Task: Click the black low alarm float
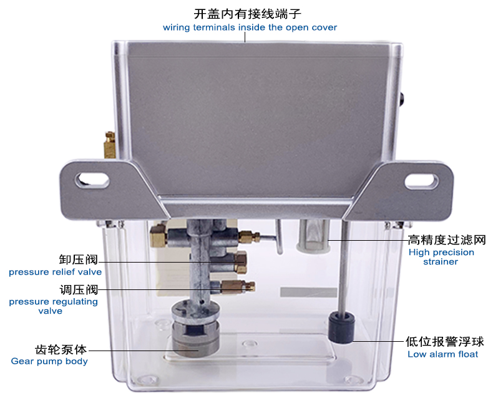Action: [342, 327]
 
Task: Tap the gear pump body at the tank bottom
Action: [195, 328]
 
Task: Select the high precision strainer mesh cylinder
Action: [313, 236]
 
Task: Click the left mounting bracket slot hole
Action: [92, 181]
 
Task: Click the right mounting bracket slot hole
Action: [421, 181]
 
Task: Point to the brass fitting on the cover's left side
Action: [110, 145]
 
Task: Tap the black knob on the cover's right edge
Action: [402, 99]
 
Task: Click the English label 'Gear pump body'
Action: [49, 361]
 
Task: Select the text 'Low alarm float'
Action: [442, 354]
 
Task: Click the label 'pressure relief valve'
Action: [56, 272]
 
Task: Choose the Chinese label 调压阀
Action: [79, 289]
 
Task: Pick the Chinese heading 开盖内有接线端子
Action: [248, 14]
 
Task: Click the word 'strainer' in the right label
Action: [441, 262]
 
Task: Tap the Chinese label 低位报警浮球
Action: [444, 341]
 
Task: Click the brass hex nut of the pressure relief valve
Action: [241, 262]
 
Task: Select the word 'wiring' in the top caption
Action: [177, 27]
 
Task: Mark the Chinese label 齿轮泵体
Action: [61, 349]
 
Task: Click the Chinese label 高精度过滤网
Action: [447, 240]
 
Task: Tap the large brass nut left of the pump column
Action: [159, 235]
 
